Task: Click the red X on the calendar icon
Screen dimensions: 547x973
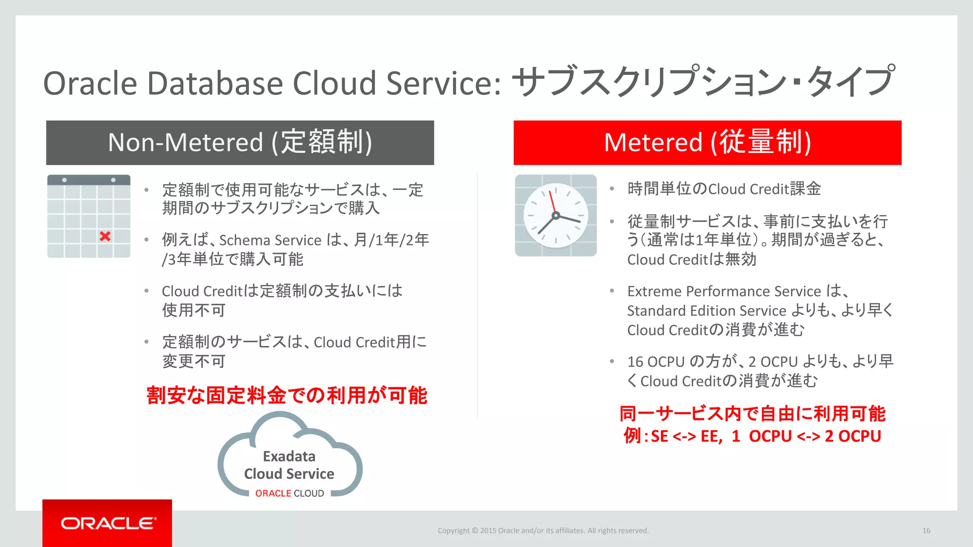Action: click(x=105, y=236)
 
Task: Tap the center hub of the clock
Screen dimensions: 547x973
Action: click(x=555, y=216)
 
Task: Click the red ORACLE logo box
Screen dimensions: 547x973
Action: click(x=107, y=523)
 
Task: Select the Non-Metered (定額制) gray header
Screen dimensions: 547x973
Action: click(x=240, y=142)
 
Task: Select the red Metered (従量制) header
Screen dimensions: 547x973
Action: click(x=707, y=142)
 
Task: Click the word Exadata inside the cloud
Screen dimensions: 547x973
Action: click(x=289, y=456)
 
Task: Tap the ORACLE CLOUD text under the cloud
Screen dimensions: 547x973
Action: click(x=289, y=493)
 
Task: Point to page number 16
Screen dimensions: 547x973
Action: click(x=926, y=530)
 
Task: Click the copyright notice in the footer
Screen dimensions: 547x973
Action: click(x=543, y=530)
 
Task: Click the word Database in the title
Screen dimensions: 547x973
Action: click(x=215, y=83)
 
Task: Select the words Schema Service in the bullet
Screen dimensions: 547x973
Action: click(x=270, y=240)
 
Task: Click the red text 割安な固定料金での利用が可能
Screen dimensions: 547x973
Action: click(x=286, y=395)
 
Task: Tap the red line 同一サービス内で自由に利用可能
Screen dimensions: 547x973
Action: click(x=752, y=414)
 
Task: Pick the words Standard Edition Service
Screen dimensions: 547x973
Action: click(x=706, y=311)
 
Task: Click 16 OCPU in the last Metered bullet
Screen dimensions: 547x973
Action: click(x=655, y=362)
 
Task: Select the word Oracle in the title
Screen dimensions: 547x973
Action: click(x=90, y=83)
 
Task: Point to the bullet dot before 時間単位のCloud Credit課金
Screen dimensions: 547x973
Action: click(x=612, y=189)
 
